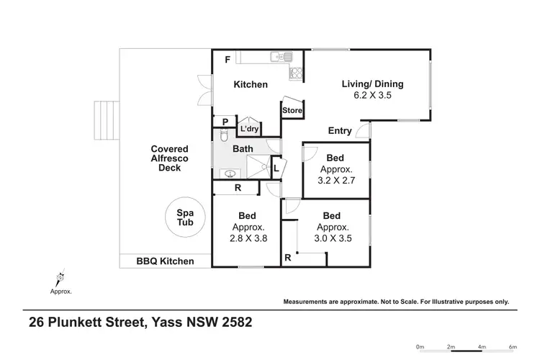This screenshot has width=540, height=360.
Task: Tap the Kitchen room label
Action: pyautogui.click(x=251, y=84)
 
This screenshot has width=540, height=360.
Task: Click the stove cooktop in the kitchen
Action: pyautogui.click(x=295, y=73)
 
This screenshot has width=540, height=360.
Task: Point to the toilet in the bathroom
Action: pyautogui.click(x=223, y=136)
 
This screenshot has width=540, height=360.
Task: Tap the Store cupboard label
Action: pyautogui.click(x=292, y=110)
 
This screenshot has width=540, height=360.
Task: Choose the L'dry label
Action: pyautogui.click(x=249, y=129)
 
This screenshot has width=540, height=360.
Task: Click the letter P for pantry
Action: pyautogui.click(x=225, y=122)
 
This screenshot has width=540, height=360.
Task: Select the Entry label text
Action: pyautogui.click(x=340, y=130)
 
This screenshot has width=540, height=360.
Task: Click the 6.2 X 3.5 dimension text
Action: pyautogui.click(x=372, y=95)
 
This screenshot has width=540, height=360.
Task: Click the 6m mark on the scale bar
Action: pyautogui.click(x=513, y=347)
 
